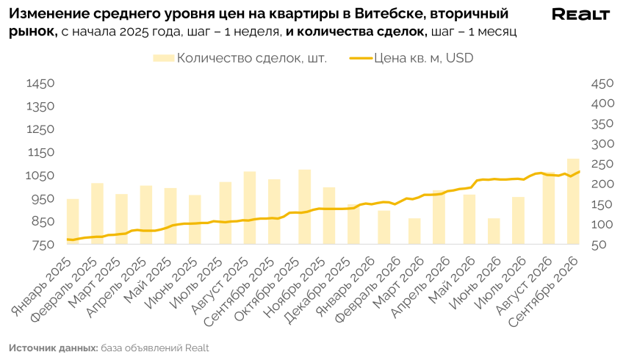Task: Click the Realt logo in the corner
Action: click(580, 15)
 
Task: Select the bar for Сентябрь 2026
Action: click(573, 201)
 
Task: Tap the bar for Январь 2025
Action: click(73, 221)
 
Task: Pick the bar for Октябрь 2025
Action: click(304, 206)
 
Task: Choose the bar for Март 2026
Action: click(414, 231)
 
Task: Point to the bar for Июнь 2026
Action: click(494, 231)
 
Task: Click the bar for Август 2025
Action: click(250, 207)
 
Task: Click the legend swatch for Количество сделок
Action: click(163, 59)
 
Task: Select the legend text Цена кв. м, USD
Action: click(424, 58)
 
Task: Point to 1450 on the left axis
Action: click(40, 84)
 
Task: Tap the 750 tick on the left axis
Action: click(43, 245)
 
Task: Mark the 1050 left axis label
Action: click(40, 176)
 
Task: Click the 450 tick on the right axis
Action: click(602, 84)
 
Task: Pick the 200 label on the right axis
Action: click(602, 184)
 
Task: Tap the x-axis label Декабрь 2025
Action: click(317, 291)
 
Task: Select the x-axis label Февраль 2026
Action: click(367, 291)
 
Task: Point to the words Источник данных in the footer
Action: click(53, 348)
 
